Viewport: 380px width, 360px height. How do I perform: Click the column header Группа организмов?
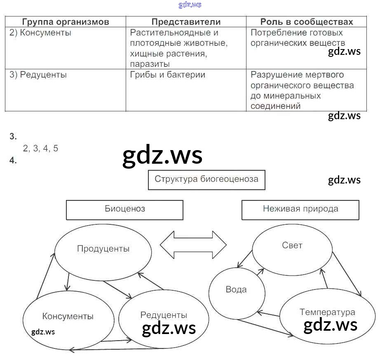click(x=66, y=22)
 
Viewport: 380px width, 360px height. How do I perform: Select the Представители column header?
click(x=186, y=22)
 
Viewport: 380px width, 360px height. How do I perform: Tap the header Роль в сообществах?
click(x=307, y=22)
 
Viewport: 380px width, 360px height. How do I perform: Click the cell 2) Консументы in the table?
click(x=40, y=33)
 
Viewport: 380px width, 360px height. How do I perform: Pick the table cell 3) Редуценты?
click(x=38, y=75)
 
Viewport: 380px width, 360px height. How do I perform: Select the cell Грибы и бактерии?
click(x=167, y=75)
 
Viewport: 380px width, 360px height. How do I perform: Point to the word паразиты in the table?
click(x=150, y=64)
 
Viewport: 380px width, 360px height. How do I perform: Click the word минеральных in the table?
click(x=286, y=96)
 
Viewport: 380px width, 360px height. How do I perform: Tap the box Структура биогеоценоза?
click(x=206, y=179)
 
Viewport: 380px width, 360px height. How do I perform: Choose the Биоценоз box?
click(x=124, y=209)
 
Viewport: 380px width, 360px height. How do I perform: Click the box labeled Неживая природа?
click(x=300, y=209)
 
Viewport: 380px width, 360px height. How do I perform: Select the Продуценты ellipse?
click(x=103, y=249)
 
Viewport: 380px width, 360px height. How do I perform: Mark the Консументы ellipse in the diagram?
click(x=68, y=317)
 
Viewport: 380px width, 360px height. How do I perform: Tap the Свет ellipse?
click(x=292, y=246)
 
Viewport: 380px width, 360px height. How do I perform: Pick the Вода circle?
click(x=236, y=289)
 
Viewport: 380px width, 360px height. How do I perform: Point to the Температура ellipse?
click(x=327, y=312)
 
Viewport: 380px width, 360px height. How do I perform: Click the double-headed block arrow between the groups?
click(x=193, y=245)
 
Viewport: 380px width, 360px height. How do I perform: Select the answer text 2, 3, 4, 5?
click(x=40, y=149)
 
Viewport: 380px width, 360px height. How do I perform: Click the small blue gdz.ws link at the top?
click(x=190, y=5)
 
